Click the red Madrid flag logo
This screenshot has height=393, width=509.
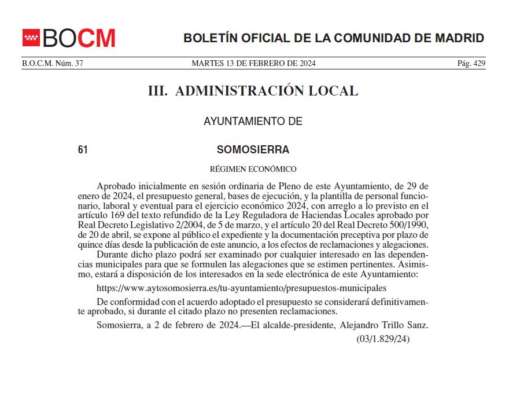pyautogui.click(x=31, y=38)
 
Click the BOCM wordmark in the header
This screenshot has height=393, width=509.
pyautogui.click(x=79, y=38)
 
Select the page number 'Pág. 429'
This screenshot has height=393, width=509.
pyautogui.click(x=471, y=64)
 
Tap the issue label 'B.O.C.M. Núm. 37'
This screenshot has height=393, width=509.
pyautogui.click(x=53, y=64)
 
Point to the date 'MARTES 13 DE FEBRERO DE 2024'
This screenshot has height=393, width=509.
pyautogui.click(x=253, y=64)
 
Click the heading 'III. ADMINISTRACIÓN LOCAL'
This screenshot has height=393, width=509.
pyautogui.click(x=253, y=91)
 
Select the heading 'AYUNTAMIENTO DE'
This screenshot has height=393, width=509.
pyautogui.click(x=253, y=122)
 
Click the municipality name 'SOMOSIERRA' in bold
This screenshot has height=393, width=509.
pyautogui.click(x=253, y=150)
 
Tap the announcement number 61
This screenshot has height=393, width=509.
pyautogui.click(x=83, y=150)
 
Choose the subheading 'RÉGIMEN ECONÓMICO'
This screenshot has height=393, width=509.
pyautogui.click(x=253, y=170)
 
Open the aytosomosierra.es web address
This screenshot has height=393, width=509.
pyautogui.click(x=241, y=288)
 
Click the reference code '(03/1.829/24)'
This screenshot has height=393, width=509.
pyautogui.click(x=383, y=339)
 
